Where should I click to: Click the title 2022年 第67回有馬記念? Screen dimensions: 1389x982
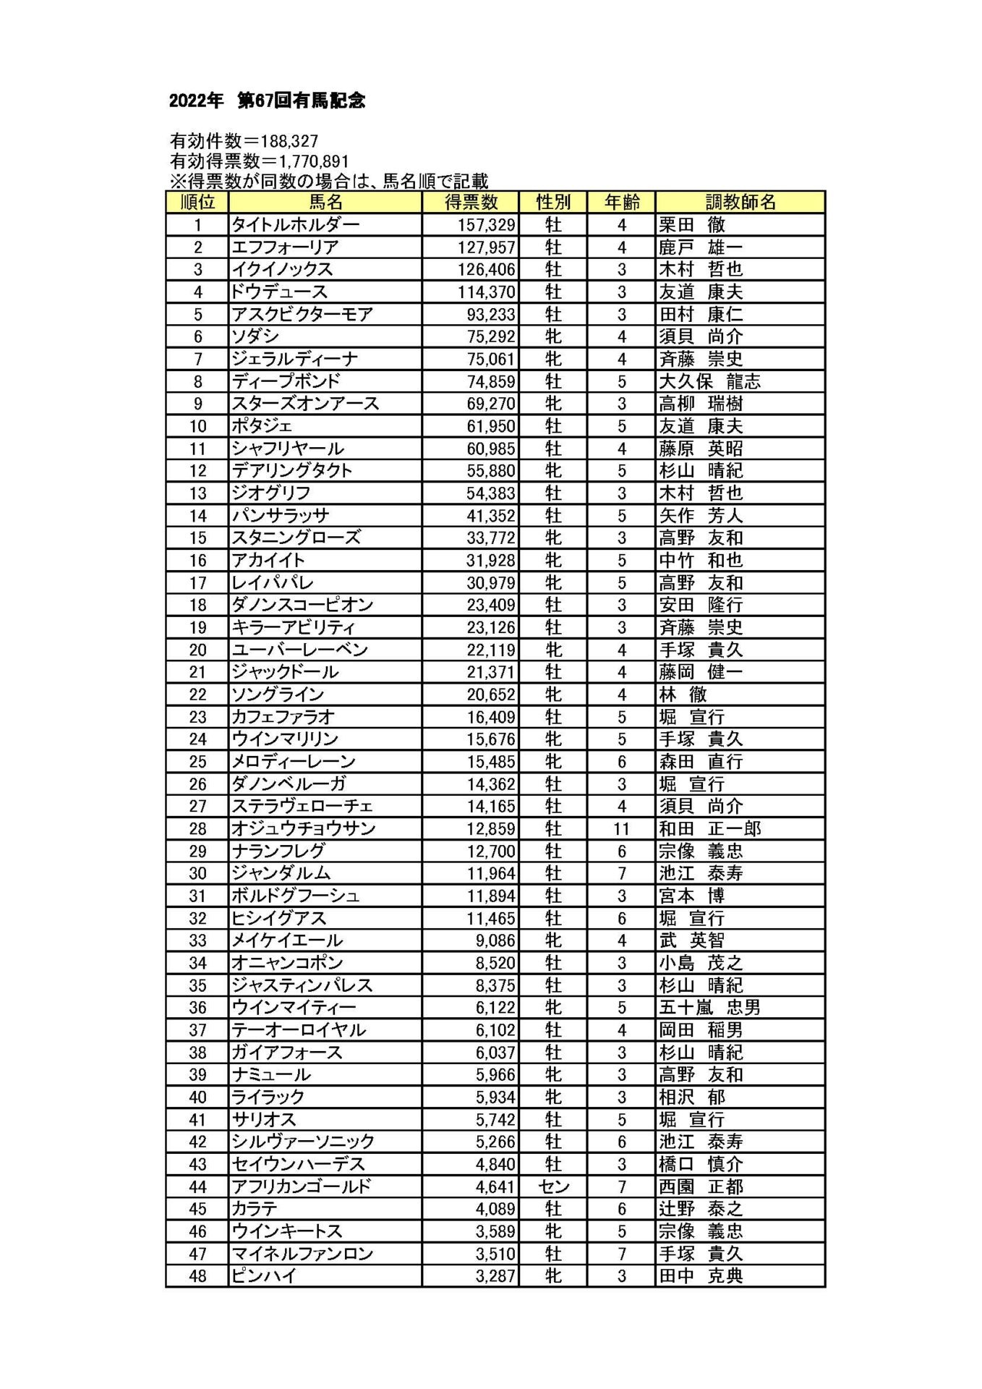[x=267, y=101]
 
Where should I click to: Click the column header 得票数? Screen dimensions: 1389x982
[x=471, y=202]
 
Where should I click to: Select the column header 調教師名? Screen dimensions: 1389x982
[x=740, y=202]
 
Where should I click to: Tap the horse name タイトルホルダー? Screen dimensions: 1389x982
[x=295, y=225]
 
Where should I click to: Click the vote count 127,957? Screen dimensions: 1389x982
[x=486, y=247]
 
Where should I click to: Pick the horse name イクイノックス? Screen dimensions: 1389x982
[x=282, y=269]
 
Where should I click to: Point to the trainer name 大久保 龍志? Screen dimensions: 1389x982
[x=709, y=381]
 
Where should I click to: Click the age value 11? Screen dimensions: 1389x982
[x=621, y=829]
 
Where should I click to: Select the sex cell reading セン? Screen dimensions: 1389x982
[x=553, y=1186]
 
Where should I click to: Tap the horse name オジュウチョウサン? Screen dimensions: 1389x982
[x=304, y=829]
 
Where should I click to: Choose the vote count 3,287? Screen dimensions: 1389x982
[x=495, y=1276]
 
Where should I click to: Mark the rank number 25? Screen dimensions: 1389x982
[x=197, y=762]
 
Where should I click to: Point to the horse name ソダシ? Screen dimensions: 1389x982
[x=255, y=336]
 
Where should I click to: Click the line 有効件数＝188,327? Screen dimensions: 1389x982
[x=244, y=141]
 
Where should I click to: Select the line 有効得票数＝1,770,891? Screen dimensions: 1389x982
[x=259, y=161]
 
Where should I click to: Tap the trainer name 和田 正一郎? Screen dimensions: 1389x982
[x=709, y=829]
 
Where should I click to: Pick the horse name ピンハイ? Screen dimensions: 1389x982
[x=264, y=1276]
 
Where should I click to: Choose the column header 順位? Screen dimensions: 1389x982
[x=197, y=202]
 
